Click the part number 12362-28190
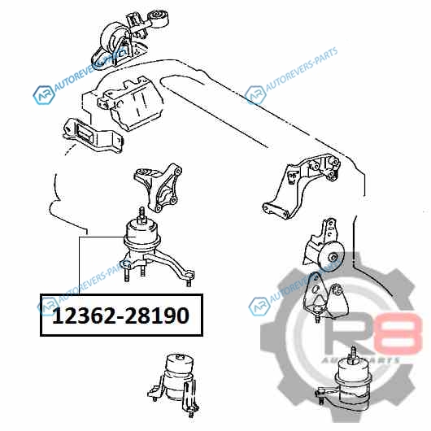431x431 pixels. [x=120, y=316]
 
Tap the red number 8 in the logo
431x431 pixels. [x=402, y=333]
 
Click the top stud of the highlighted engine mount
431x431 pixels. [x=141, y=213]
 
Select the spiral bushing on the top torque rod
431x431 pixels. [x=159, y=16]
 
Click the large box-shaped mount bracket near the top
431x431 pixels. [x=132, y=103]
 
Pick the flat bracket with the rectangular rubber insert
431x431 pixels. [x=92, y=135]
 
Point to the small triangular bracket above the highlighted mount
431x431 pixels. [x=158, y=187]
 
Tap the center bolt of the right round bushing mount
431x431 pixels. [x=333, y=257]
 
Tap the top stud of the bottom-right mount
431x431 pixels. [x=353, y=352]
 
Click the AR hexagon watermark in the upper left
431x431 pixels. [x=43, y=95]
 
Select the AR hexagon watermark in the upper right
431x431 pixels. [x=255, y=95]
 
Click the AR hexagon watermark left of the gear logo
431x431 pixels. [x=259, y=307]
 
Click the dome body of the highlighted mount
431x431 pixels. [x=141, y=234]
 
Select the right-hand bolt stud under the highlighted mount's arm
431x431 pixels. [x=189, y=281]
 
